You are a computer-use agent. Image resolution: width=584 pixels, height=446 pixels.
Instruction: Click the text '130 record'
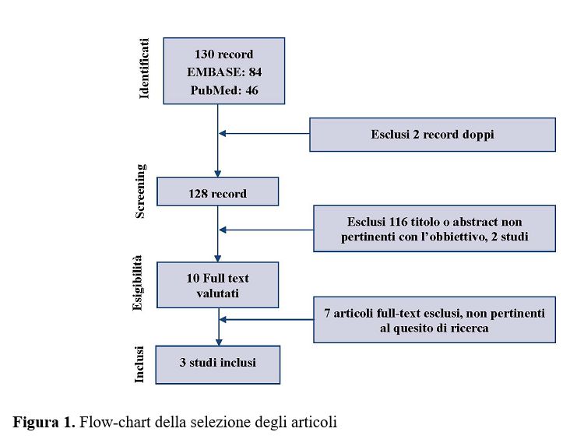[223, 54]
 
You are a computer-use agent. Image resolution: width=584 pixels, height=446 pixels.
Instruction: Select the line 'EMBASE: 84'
[224, 72]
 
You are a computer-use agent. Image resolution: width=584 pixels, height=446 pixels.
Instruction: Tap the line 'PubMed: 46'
[224, 90]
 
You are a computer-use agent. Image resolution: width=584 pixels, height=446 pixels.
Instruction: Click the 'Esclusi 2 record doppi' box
[432, 135]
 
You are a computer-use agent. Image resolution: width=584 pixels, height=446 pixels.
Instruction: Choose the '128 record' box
[217, 191]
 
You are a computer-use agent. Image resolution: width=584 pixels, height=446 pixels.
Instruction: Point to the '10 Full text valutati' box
[217, 285]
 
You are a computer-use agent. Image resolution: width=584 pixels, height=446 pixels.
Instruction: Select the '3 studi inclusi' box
[218, 365]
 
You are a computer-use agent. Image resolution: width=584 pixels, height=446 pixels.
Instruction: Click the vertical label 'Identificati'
[144, 68]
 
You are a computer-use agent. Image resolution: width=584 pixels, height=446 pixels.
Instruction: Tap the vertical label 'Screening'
[140, 191]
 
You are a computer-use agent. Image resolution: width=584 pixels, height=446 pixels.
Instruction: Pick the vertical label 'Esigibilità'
[137, 283]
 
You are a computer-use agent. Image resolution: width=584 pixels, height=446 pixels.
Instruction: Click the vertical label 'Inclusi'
[139, 364]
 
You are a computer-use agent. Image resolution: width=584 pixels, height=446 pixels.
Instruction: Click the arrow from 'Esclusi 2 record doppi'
[264, 133]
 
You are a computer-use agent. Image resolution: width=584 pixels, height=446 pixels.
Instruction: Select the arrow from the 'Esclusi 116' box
[266, 230]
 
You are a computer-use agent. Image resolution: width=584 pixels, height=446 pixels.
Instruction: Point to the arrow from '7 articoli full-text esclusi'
[266, 319]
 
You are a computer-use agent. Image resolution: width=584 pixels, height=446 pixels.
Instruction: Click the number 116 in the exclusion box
[398, 222]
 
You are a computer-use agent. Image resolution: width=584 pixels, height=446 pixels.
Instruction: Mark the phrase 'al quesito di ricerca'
[434, 328]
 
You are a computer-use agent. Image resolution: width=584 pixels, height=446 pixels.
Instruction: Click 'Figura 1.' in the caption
[44, 423]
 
